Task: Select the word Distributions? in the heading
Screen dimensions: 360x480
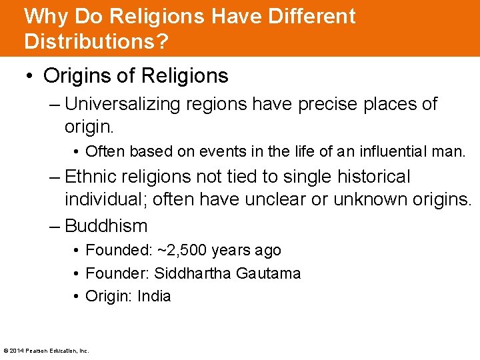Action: pos(96,41)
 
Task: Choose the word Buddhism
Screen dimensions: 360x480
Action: pos(106,226)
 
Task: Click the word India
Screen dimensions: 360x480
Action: pos(154,296)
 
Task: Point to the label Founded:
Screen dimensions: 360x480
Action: pos(118,251)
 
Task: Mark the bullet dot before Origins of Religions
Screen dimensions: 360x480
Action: pos(31,76)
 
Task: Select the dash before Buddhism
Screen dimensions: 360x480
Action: pos(55,226)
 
